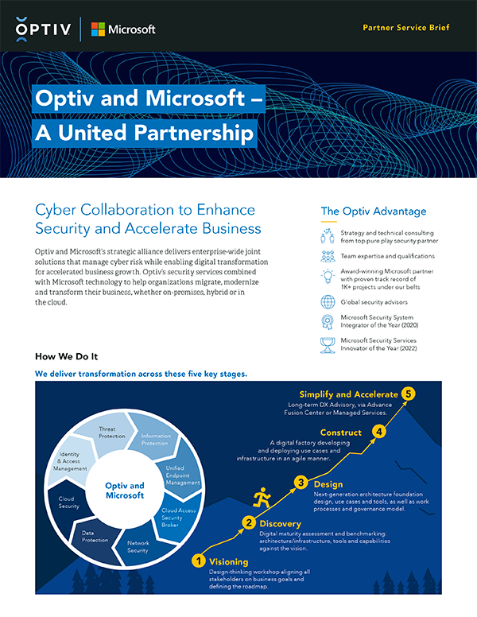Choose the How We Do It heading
coord(67,355)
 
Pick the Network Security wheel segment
coord(138,545)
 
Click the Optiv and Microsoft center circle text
coord(124,490)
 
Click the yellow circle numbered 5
coord(409,394)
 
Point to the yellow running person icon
coord(261,499)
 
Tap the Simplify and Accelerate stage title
coord(348,394)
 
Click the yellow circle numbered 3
coord(301,482)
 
